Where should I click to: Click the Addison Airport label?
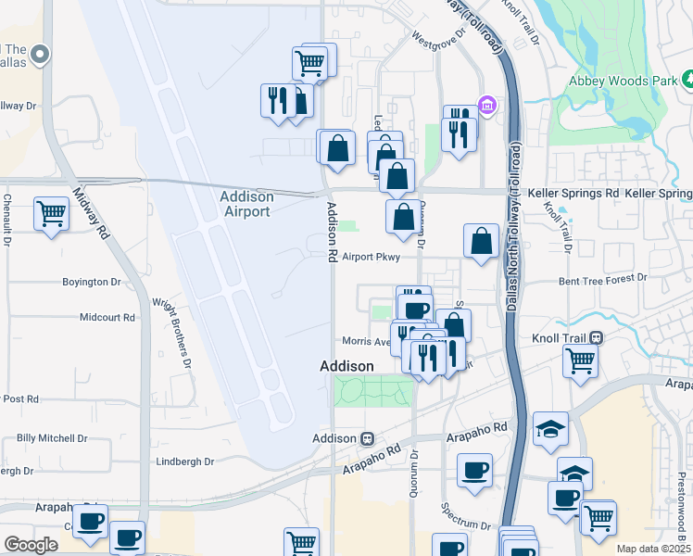coord(246,204)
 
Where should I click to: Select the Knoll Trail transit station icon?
coord(597,339)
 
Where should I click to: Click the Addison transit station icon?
coord(368,438)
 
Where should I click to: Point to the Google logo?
coord(31,544)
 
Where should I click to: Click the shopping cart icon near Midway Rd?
coord(52,214)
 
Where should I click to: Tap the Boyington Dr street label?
coord(92,282)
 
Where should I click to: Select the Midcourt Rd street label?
coord(107,317)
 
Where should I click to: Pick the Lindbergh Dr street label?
coord(184,461)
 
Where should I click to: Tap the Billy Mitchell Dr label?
coord(52,437)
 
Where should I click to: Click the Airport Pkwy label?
coord(371,259)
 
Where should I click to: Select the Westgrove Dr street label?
coord(435,41)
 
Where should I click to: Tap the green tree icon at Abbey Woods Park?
coord(687,82)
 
